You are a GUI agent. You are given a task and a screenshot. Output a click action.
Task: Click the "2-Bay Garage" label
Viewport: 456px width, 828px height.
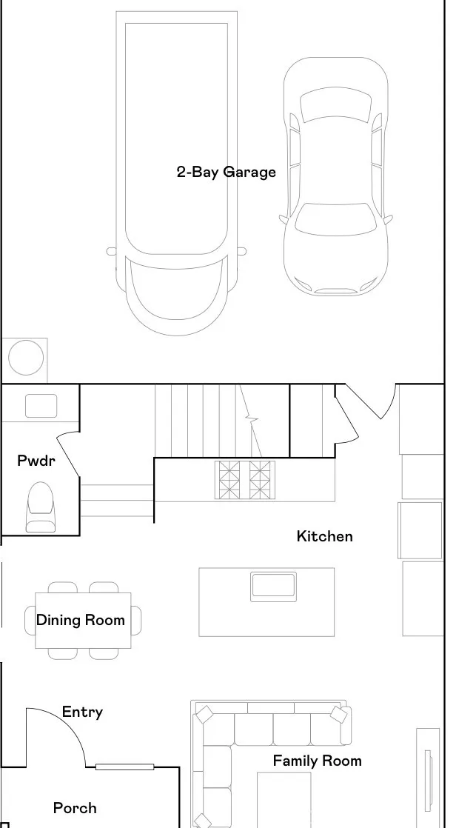pos(226,172)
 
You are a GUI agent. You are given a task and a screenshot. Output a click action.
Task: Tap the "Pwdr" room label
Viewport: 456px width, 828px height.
pos(36,461)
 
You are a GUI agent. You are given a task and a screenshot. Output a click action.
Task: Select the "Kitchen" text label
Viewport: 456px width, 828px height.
pos(324,536)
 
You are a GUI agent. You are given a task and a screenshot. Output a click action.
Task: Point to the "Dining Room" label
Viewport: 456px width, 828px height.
pos(81,620)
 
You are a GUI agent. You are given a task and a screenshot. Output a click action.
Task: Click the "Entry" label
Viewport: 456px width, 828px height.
pos(82,712)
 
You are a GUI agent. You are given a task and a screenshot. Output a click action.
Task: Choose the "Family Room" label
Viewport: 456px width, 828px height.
pos(317,761)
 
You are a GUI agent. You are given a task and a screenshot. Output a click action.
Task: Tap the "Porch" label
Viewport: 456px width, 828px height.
pos(75,808)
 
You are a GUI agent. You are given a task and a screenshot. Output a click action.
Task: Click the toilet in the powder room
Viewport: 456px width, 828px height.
pos(40,507)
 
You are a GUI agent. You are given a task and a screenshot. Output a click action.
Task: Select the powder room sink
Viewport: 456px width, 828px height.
pos(41,406)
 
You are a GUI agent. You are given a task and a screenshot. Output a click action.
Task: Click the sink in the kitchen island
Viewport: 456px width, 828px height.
pos(273,586)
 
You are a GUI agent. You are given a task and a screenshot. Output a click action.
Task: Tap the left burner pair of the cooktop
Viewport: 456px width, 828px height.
pos(227,479)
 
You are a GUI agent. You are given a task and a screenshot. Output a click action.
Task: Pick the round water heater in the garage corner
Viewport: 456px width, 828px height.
pos(26,358)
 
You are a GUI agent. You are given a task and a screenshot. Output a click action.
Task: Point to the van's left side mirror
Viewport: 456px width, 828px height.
pos(111,252)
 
